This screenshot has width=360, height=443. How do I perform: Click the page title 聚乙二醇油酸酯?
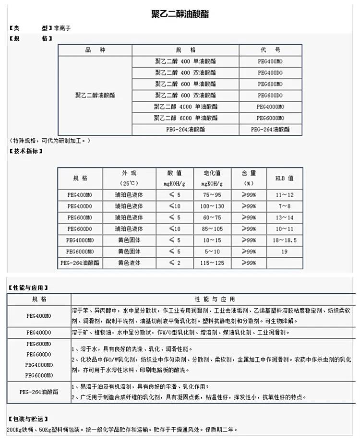(180, 14)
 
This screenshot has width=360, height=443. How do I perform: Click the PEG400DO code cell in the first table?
(270, 72)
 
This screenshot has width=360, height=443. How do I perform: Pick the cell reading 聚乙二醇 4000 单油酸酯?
(185, 107)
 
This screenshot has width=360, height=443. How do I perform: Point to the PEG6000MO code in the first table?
(270, 118)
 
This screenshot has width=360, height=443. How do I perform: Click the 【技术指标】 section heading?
(26, 151)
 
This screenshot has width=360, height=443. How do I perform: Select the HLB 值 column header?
(284, 178)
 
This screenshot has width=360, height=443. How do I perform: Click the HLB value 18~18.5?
(284, 240)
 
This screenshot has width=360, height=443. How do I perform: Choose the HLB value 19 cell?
(284, 251)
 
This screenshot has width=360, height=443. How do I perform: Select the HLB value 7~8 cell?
(284, 206)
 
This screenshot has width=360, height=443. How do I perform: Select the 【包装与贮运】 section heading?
(28, 419)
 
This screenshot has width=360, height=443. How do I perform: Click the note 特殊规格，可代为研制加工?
(50, 140)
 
